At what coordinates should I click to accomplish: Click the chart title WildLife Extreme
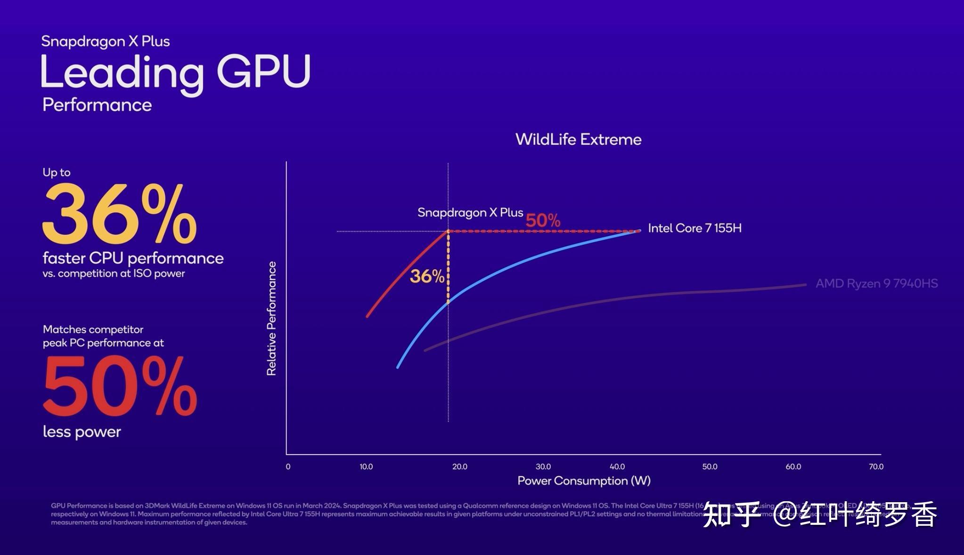(x=578, y=140)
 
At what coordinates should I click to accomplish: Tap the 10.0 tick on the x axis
(x=366, y=467)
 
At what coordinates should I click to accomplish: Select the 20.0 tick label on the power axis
(x=459, y=467)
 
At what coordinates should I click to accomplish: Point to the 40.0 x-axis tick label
(x=617, y=467)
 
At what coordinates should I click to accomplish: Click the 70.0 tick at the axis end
(x=876, y=467)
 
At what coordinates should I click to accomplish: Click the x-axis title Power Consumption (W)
(x=584, y=481)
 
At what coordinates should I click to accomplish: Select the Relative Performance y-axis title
(x=271, y=319)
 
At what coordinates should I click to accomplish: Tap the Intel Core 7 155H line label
(x=694, y=228)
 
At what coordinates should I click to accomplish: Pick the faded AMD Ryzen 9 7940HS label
(x=876, y=283)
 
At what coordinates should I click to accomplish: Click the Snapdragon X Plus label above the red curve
(x=470, y=213)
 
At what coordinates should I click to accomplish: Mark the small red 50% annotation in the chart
(x=543, y=220)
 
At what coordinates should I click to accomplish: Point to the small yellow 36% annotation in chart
(x=426, y=276)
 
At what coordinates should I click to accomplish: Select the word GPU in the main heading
(x=263, y=72)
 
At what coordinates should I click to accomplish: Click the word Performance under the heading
(x=97, y=105)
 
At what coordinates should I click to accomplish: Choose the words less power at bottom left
(x=82, y=432)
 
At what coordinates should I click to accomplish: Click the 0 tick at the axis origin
(x=288, y=467)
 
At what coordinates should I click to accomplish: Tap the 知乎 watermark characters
(x=731, y=514)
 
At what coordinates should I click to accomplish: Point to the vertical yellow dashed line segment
(x=448, y=266)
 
